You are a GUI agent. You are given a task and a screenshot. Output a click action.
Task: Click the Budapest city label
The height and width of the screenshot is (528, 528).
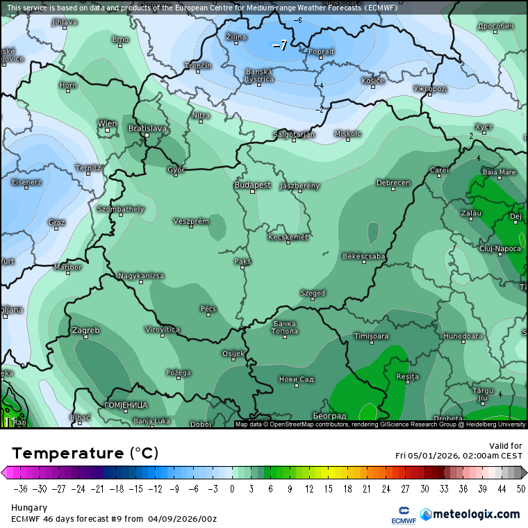252,185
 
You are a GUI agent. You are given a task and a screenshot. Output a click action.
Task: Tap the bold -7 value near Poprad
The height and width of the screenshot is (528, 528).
279,46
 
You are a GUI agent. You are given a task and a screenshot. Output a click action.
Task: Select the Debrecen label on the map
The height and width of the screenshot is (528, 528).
393,183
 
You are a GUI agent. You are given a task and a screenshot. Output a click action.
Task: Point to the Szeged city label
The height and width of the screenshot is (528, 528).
313,293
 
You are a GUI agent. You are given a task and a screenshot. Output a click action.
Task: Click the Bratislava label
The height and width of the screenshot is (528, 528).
148,129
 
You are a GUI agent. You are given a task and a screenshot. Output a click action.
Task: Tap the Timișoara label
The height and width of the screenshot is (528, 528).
371,336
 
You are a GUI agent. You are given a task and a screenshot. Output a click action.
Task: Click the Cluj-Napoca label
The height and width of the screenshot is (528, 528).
500,248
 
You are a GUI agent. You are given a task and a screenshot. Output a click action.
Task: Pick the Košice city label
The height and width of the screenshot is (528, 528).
372,81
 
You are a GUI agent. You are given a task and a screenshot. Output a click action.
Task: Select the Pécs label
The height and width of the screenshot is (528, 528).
208,308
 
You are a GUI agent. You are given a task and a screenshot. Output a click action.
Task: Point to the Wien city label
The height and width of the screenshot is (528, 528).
107,124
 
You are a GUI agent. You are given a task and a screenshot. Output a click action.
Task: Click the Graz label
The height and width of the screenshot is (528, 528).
57,222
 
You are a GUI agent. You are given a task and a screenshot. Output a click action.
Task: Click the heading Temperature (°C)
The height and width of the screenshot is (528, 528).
85,454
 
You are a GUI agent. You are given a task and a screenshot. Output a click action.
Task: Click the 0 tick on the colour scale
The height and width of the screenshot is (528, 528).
232,488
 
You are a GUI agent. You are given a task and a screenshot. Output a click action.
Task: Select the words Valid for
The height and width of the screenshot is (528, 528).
506,445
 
